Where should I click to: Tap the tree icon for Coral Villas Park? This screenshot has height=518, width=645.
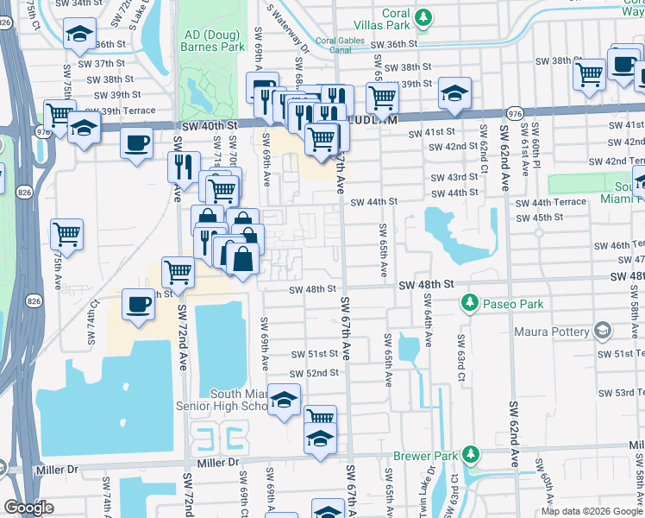[423, 16]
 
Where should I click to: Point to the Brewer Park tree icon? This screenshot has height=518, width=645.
[470, 454]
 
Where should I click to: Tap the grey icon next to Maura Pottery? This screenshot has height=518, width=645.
[601, 331]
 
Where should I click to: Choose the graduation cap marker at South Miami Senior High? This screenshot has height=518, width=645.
[284, 400]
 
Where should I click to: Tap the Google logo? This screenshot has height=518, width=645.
[28, 508]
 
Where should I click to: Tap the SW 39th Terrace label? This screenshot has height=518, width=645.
[121, 111]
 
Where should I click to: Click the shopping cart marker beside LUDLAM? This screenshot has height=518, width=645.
[381, 98]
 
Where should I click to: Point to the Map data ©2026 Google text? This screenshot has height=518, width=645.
[591, 511]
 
